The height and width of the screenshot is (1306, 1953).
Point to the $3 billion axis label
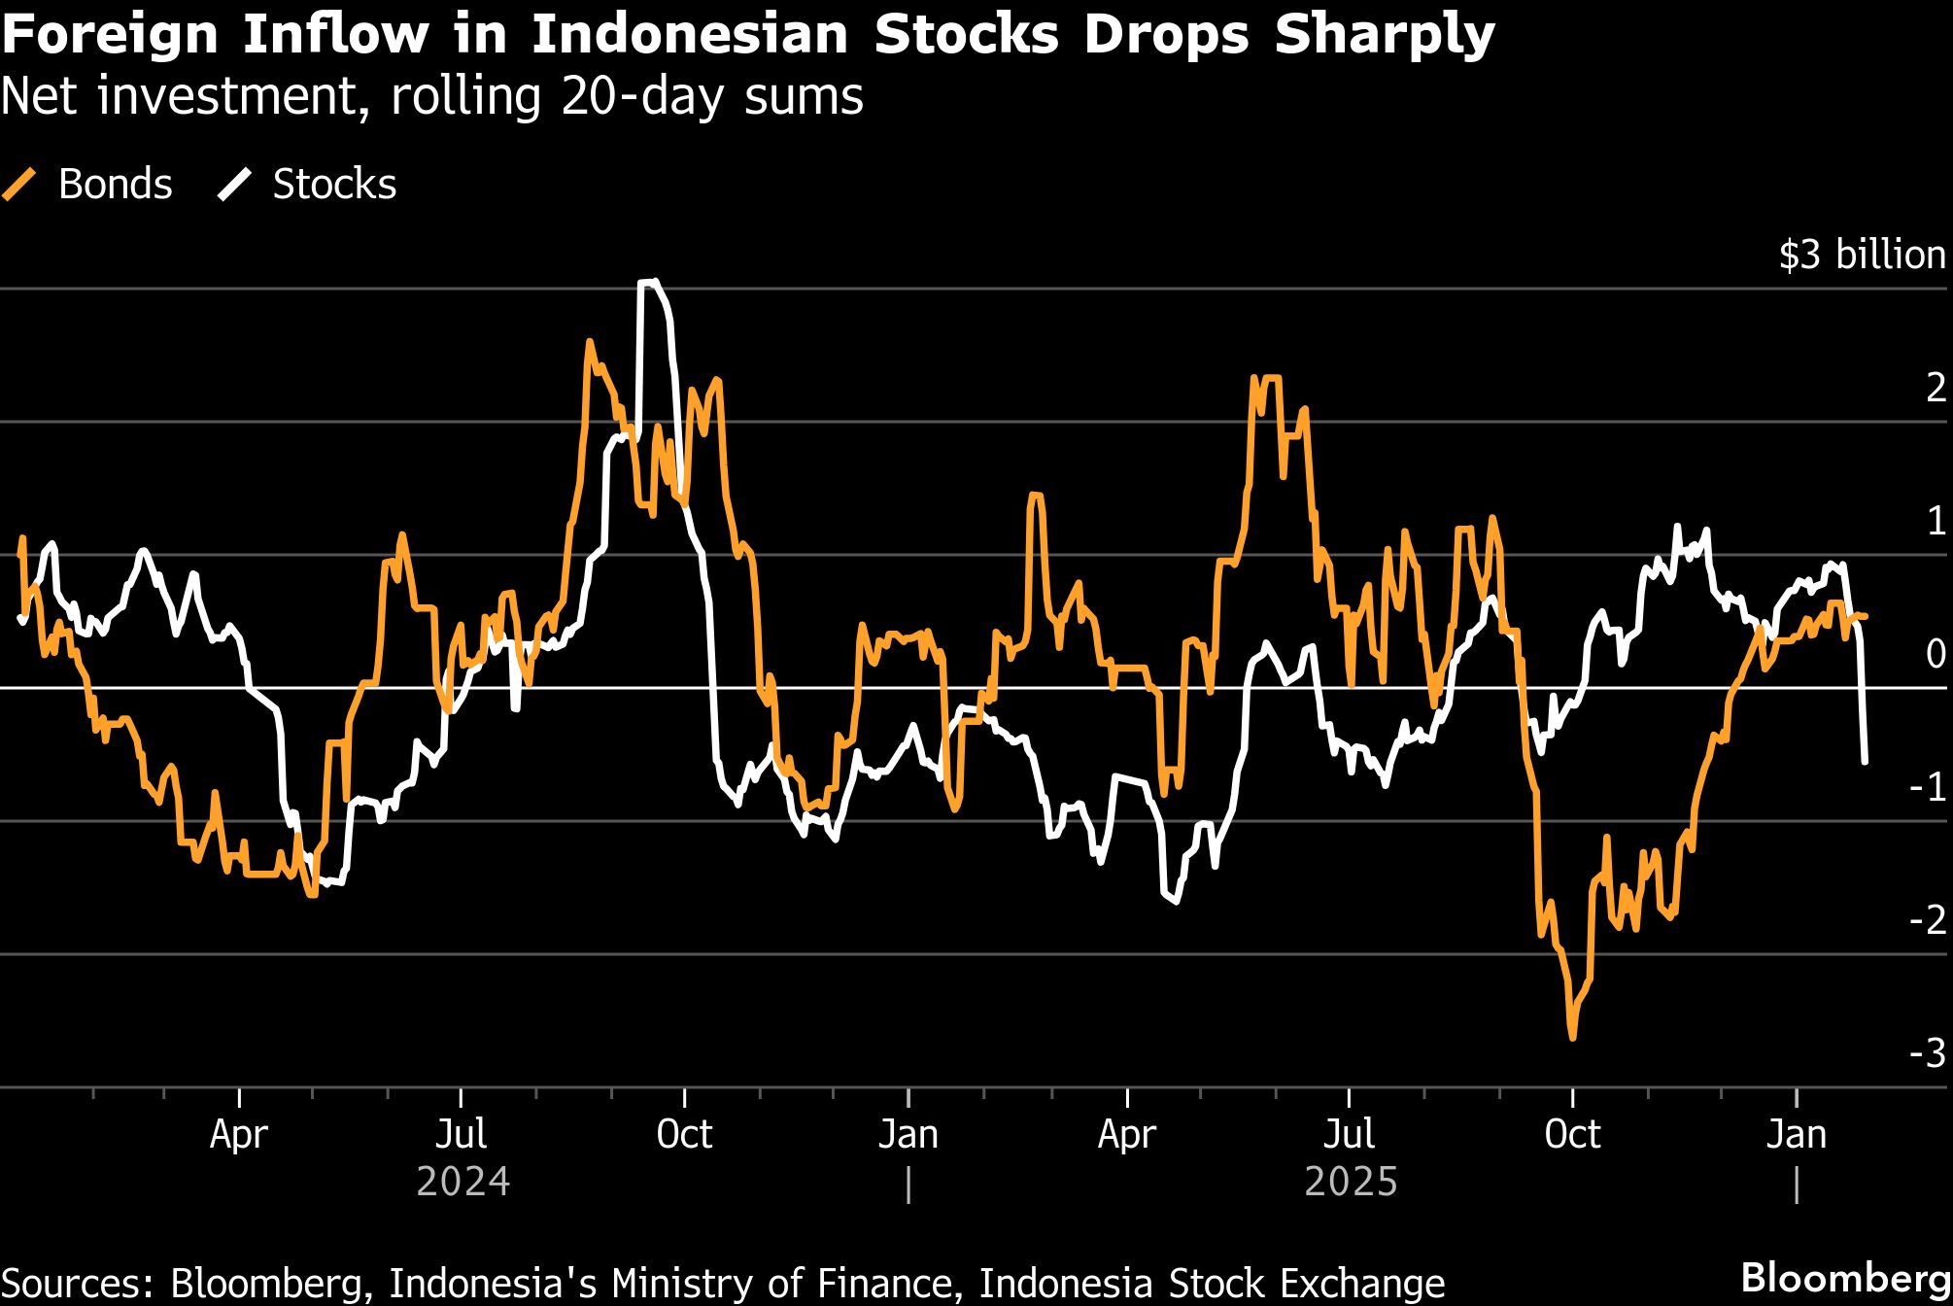pos(1862,255)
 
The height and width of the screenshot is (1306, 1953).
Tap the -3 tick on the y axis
pos(1928,1053)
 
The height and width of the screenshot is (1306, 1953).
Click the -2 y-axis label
pos(1928,920)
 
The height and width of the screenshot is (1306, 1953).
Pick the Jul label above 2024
pos(461,1134)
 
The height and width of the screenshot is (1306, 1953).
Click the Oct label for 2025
pos(1572,1134)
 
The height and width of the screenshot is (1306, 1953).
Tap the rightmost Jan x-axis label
pos(1797,1134)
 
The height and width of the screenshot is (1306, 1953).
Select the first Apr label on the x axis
pos(239,1134)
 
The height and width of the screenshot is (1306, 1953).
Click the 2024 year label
pos(463,1182)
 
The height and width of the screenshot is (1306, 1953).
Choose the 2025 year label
pos(1351,1182)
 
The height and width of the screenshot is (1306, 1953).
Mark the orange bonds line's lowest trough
pos(1573,1037)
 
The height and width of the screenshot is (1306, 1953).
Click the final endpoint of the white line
pos(1865,761)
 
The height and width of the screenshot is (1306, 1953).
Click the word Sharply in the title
pos(1385,35)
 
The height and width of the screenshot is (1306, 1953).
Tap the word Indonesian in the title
pos(690,35)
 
